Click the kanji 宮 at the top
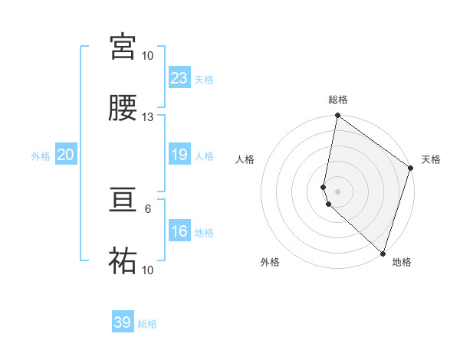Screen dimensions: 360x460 123,47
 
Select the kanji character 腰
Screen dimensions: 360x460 123,108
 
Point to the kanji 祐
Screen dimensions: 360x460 123,262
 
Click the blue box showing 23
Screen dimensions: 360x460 179,78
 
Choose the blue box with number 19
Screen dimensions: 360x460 179,155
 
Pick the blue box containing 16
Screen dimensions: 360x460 179,231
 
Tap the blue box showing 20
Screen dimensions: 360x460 65,155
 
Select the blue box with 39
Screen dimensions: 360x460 123,322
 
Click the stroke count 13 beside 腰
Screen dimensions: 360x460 148,117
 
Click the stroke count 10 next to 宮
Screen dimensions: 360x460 148,56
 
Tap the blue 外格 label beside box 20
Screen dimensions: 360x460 41,155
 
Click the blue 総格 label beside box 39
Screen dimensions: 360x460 147,324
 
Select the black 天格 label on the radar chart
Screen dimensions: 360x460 431,159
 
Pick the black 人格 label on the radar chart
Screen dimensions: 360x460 245,159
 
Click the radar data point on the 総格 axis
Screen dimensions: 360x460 337,116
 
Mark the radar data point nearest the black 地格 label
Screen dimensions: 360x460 383,253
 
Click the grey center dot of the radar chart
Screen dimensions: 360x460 337,191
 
